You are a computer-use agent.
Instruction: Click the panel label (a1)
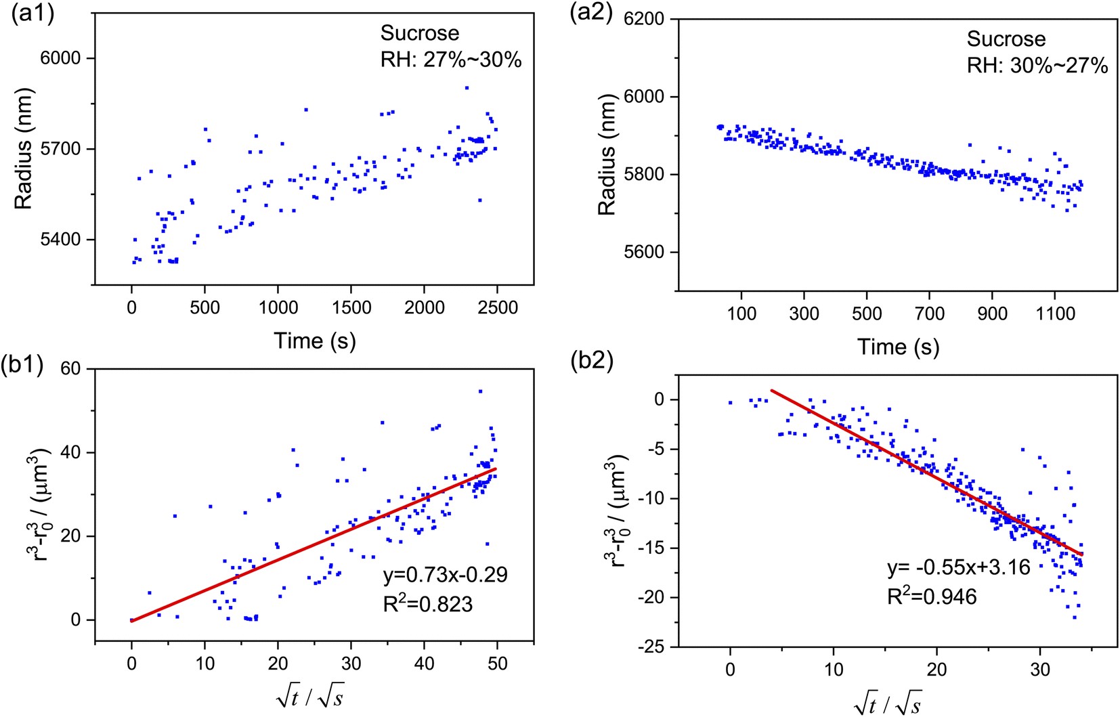pyautogui.click(x=33, y=14)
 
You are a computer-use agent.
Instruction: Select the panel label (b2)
pyautogui.click(x=591, y=361)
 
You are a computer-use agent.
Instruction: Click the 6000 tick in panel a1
pyautogui.click(x=60, y=58)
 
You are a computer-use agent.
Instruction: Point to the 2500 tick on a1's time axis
pyautogui.click(x=497, y=307)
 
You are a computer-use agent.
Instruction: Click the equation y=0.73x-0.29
pyautogui.click(x=445, y=575)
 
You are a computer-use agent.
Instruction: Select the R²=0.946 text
pyautogui.click(x=932, y=596)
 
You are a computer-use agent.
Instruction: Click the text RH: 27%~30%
pyautogui.click(x=450, y=60)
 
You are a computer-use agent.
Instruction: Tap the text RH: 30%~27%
pyautogui.click(x=1037, y=66)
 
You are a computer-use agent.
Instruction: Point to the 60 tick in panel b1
pyautogui.click(x=70, y=369)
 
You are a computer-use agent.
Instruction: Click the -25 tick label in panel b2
pyautogui.click(x=651, y=647)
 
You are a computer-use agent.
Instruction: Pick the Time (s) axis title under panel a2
pyautogui.click(x=898, y=347)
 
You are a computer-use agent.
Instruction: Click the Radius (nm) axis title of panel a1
pyautogui.click(x=23, y=150)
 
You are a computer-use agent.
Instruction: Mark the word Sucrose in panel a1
pyautogui.click(x=419, y=33)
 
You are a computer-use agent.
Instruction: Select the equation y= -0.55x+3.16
pyautogui.click(x=959, y=567)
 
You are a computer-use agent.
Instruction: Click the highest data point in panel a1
pyautogui.click(x=467, y=87)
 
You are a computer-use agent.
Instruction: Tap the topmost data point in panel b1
pyautogui.click(x=480, y=391)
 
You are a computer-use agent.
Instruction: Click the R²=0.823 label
pyautogui.click(x=427, y=604)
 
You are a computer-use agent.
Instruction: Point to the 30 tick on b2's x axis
pyautogui.click(x=1039, y=670)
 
